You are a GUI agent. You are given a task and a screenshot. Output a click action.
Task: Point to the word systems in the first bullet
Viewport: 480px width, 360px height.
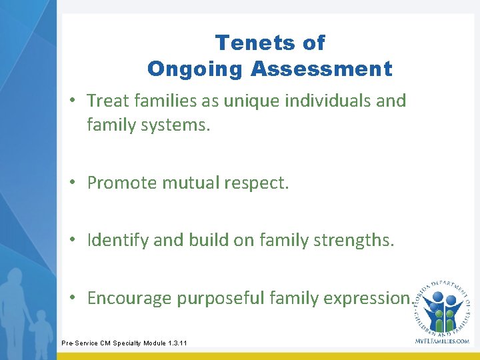point(177,125)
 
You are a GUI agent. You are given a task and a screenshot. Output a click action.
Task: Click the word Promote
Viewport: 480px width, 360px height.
point(120,183)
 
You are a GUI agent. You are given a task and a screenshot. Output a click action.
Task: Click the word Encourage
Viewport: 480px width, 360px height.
point(129,299)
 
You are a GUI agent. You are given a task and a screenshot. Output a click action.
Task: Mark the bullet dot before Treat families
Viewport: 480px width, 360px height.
point(77,101)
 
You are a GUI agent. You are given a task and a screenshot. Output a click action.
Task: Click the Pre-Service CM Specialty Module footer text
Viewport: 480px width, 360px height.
point(125,343)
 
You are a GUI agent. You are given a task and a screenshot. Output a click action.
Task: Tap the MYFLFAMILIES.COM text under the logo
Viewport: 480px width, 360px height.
point(442,341)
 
